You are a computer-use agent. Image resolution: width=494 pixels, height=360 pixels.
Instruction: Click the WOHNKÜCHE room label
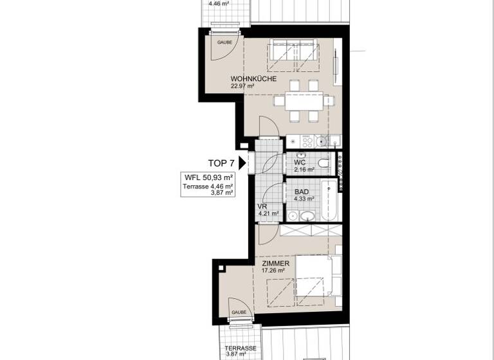[253, 79]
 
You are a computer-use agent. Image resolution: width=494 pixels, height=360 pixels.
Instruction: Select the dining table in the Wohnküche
[303, 100]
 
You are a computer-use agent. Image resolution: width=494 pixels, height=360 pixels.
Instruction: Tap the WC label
[299, 163]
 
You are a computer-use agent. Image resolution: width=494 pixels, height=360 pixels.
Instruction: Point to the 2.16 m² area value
[304, 170]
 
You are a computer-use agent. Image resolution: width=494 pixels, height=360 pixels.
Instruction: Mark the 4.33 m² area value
[304, 199]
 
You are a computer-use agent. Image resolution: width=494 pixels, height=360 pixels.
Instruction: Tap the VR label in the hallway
[262, 206]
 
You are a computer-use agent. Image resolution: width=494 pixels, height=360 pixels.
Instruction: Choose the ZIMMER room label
[275, 264]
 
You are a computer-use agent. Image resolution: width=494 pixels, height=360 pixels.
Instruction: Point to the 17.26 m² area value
[273, 271]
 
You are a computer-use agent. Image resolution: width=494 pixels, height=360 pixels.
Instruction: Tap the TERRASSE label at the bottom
[241, 348]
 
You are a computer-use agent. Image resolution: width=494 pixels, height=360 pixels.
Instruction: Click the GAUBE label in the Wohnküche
[224, 42]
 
